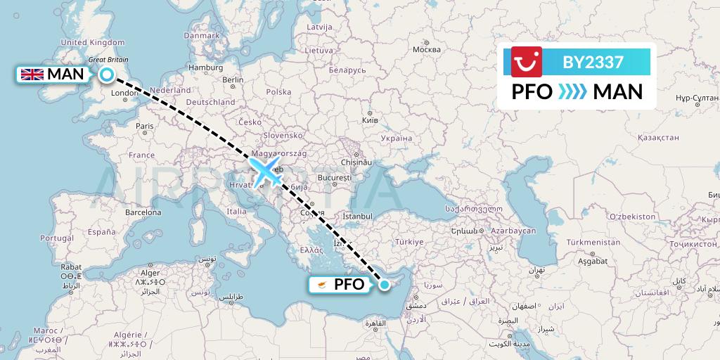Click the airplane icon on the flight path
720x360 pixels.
[x=266, y=173]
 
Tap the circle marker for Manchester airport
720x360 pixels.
[x=107, y=75]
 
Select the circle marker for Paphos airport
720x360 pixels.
[x=385, y=284]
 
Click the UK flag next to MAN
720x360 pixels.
[x=32, y=75]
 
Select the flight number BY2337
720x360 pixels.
[x=593, y=63]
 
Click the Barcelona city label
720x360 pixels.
[x=143, y=212]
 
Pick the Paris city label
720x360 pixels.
[x=145, y=127]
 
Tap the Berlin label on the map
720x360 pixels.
[x=233, y=80]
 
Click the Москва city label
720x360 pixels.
[x=426, y=49]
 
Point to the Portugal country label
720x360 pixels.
[x=57, y=238]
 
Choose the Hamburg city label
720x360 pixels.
[x=205, y=67]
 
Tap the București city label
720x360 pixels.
[x=334, y=179]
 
